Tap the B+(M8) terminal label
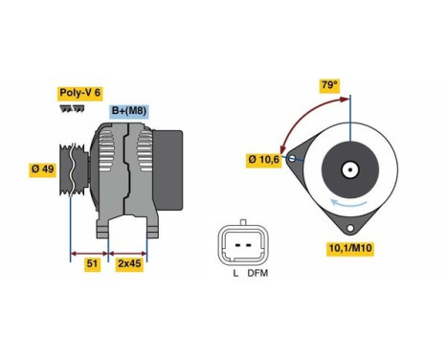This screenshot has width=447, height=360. point(128,112)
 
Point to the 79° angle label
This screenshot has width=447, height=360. point(330,85)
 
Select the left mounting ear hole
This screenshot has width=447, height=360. point(297,156)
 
